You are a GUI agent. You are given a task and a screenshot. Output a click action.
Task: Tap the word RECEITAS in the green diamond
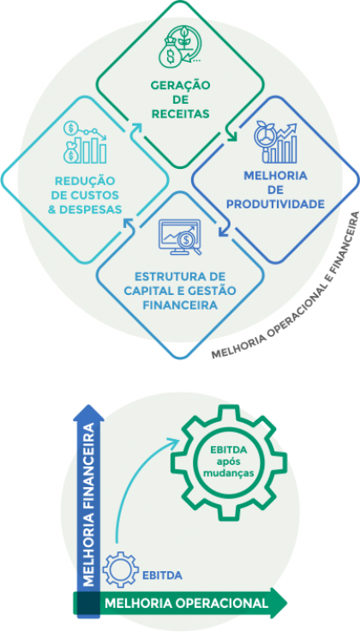tap(180, 114)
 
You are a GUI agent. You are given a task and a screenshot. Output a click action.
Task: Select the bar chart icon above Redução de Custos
tap(85, 142)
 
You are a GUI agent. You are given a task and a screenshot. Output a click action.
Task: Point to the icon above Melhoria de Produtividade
tap(275, 142)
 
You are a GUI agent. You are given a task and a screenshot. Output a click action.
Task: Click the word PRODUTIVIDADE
tap(275, 204)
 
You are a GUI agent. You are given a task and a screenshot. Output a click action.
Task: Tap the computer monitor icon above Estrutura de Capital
tap(180, 237)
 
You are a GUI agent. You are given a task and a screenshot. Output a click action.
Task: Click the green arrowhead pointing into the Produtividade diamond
tap(231, 136)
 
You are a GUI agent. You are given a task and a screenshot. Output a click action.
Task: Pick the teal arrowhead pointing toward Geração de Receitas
tap(136, 129)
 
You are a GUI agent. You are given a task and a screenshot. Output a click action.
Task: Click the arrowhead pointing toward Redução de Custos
tap(128, 223)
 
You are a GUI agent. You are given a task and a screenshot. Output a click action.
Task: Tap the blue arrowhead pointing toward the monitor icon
tap(224, 231)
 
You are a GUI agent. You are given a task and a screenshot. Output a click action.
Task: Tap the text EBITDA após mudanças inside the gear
tap(228, 461)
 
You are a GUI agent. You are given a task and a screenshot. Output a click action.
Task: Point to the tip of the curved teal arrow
tap(179, 440)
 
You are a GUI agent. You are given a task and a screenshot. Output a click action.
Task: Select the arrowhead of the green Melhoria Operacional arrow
tap(279, 603)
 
